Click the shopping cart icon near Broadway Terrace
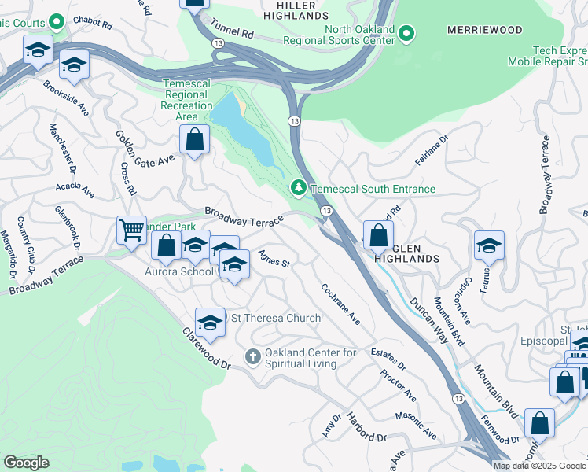coord(131,230)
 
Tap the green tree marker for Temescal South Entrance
coord(298,188)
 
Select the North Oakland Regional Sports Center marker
coord(406,32)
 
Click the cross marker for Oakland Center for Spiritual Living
coord(253,357)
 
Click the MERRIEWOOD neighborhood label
coord(484,30)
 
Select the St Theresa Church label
coord(274,318)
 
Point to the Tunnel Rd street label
coord(236,35)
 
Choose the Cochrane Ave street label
coord(340,304)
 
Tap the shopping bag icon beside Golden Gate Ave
coord(194,140)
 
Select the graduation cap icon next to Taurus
coord(489,245)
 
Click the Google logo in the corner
coord(27,463)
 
